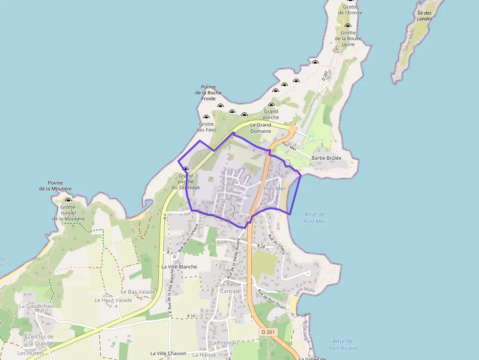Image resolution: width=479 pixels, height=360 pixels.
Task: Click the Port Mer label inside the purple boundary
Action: pyautogui.click(x=274, y=189)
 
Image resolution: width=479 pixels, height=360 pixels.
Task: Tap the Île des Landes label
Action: pyautogui.click(x=424, y=16)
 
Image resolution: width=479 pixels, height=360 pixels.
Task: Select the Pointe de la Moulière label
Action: pyautogui.click(x=56, y=186)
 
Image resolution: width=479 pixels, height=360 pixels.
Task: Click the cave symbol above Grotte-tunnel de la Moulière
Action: pyautogui.click(x=68, y=200)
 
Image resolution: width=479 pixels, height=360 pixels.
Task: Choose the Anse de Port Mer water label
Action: pyautogui.click(x=314, y=218)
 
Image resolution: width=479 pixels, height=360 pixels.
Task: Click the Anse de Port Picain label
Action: pyautogui.click(x=342, y=345)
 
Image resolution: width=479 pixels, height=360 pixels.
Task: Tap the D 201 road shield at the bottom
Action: pyautogui.click(x=268, y=332)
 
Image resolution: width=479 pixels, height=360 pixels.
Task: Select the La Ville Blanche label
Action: pyautogui.click(x=179, y=267)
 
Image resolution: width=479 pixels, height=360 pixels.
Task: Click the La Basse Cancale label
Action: pyautogui.click(x=230, y=288)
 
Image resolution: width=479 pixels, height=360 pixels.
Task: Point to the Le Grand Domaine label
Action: pyautogui.click(x=261, y=128)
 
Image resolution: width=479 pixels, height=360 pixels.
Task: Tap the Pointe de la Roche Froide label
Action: pyautogui.click(x=208, y=93)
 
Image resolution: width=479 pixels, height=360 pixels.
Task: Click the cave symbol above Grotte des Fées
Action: pyautogui.click(x=206, y=117)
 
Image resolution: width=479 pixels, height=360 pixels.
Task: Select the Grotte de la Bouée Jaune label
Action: pyautogui.click(x=348, y=39)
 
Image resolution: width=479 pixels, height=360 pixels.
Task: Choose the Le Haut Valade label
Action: pyautogui.click(x=113, y=300)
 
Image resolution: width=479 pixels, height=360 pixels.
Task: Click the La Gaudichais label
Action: pyautogui.click(x=37, y=306)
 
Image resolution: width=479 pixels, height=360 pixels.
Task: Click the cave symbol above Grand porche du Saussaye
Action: pyautogui.click(x=185, y=169)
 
